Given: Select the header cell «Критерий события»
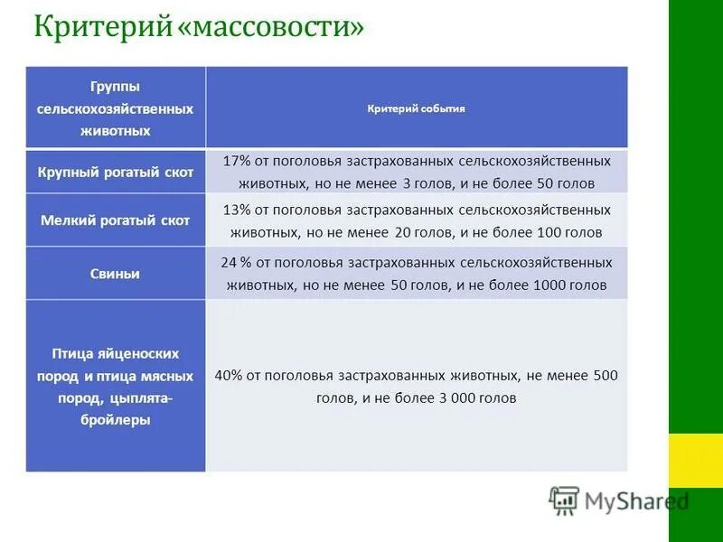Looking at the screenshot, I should (417, 108).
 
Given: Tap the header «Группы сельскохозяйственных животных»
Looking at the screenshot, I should (115, 108).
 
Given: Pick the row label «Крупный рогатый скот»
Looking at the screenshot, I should (116, 173).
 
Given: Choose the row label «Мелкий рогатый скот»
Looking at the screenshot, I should (116, 220).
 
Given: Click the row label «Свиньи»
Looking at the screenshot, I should (116, 274).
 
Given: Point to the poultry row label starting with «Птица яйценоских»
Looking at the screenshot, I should (115, 353).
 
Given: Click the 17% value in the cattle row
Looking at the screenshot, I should (236, 161).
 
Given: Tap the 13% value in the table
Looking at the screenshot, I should (236, 210).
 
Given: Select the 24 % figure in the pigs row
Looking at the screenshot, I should (237, 263).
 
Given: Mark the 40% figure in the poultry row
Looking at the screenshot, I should (230, 375).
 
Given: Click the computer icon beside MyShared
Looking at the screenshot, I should (564, 500).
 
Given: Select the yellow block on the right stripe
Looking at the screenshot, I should (695, 460).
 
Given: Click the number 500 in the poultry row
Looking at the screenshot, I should (605, 375).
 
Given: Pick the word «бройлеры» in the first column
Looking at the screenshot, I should (115, 420).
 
